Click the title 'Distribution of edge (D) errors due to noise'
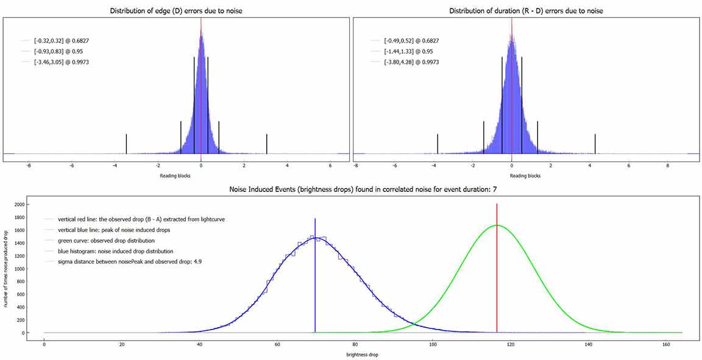click(177, 11)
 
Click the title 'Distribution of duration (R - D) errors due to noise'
click(526, 11)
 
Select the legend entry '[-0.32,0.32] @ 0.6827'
click(62, 41)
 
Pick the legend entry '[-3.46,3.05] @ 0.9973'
click(62, 62)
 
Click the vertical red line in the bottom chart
click(497, 274)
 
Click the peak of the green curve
click(497, 225)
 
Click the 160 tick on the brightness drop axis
click(667, 344)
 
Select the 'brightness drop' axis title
click(362, 355)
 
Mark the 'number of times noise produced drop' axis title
click(6, 268)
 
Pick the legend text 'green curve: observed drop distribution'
click(107, 240)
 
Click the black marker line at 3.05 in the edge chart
click(267, 144)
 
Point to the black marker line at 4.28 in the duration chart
click(595, 144)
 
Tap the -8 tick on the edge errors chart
click(29, 165)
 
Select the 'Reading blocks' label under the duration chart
click(526, 175)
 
